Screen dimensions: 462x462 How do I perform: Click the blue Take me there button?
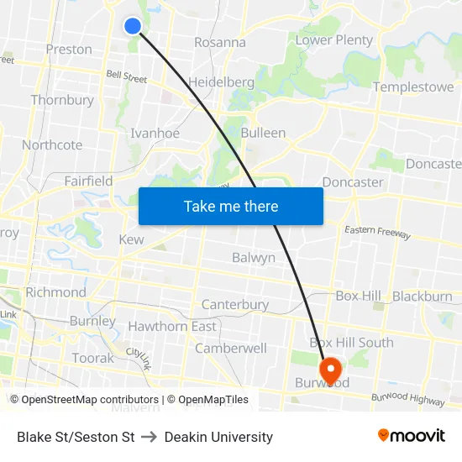[231, 206]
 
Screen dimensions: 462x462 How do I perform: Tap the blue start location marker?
[133, 26]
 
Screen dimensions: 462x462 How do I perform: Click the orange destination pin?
[329, 368]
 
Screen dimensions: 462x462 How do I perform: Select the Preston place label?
[69, 50]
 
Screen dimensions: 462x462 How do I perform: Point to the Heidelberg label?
[221, 82]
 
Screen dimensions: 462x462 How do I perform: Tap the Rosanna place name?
[220, 42]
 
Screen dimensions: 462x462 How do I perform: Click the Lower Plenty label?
[334, 40]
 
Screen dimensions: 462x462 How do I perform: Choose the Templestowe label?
[413, 87]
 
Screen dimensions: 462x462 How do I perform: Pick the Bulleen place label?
[263, 133]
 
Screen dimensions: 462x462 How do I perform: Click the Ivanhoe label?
[155, 133]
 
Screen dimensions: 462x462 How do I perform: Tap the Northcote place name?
[52, 144]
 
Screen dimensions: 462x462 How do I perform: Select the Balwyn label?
[254, 258]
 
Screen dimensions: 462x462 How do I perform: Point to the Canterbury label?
[235, 304]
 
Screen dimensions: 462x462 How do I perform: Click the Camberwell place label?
[231, 348]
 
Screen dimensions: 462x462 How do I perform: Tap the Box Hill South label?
[351, 342]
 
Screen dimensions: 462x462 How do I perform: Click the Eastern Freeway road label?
[377, 233]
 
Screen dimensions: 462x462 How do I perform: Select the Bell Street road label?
[126, 77]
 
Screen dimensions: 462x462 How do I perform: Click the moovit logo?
[411, 436]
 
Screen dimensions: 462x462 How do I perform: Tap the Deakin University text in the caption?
[218, 437]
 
